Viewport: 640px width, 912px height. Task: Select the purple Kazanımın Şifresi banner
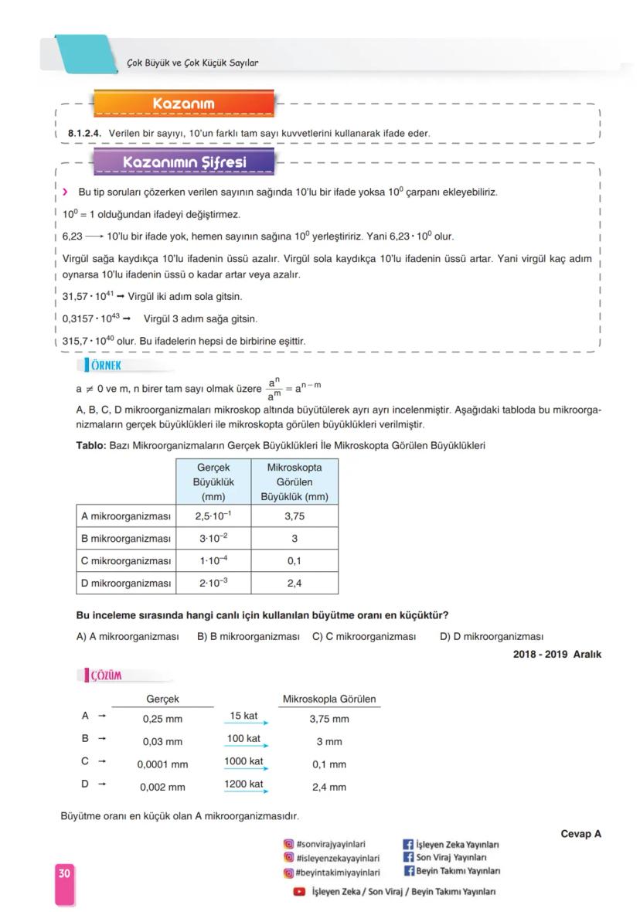183,162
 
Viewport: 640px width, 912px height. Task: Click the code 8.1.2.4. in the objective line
85,134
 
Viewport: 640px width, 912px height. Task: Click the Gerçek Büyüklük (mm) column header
213,482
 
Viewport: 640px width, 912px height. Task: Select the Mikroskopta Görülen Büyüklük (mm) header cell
294,482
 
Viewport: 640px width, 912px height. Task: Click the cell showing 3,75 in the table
294,516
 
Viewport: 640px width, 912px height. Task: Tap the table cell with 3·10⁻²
213,538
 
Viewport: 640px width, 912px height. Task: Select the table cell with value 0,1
294,560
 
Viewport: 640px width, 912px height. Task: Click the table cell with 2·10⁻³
213,583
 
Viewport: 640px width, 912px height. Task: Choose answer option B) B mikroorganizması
247,637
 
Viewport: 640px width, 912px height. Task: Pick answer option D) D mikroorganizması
491,637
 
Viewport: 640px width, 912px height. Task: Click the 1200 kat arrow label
243,784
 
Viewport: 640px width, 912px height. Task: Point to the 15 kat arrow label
243,716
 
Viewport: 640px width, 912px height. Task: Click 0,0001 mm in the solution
162,764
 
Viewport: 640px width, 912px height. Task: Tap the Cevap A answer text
580,834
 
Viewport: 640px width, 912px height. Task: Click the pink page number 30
64,873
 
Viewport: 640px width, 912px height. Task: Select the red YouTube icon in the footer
299,892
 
